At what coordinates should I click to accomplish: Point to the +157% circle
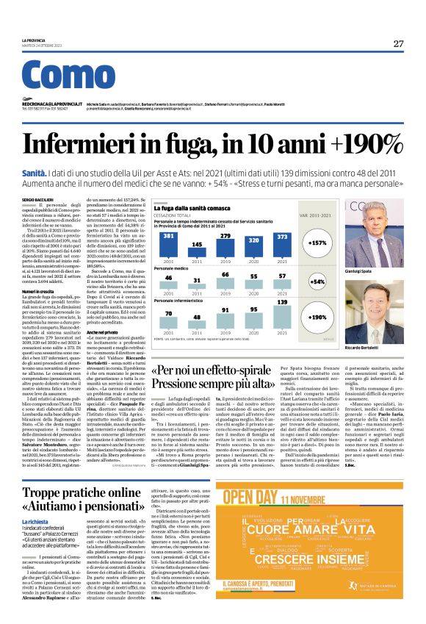tap(318, 243)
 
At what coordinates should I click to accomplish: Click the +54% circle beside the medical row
tap(318, 281)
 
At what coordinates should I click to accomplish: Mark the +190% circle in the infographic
tap(318, 318)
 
